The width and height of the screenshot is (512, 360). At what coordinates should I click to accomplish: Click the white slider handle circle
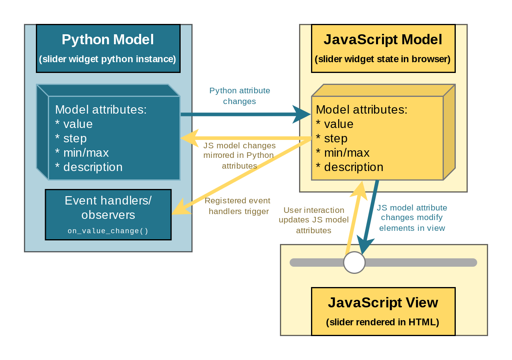click(x=354, y=262)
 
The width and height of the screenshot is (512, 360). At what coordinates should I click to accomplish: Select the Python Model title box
click(x=108, y=49)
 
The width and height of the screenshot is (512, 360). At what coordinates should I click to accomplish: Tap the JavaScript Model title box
click(x=383, y=49)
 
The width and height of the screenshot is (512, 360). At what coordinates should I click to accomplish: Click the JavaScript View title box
click(x=383, y=311)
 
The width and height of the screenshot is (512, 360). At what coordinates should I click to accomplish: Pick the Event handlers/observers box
click(x=108, y=214)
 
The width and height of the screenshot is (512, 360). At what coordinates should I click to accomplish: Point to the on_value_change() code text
click(x=108, y=231)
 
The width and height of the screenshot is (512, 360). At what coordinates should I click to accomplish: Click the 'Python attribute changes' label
click(x=240, y=96)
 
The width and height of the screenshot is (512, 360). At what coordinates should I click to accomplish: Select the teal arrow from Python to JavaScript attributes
click(x=246, y=114)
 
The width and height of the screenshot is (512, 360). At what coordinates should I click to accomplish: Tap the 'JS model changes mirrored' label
click(x=239, y=155)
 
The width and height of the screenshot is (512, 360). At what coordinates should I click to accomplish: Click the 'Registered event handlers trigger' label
click(x=238, y=206)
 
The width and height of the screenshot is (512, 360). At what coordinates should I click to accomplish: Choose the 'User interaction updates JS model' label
click(x=313, y=220)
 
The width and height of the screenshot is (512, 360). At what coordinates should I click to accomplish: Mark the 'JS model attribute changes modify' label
click(x=412, y=218)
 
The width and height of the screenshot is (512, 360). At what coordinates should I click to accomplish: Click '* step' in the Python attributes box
click(x=71, y=138)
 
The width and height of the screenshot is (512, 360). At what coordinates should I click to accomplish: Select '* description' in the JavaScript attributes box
click(x=349, y=167)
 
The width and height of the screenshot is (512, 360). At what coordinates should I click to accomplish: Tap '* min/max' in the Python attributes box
click(x=82, y=152)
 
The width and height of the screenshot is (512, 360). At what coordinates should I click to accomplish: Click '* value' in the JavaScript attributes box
click(x=335, y=124)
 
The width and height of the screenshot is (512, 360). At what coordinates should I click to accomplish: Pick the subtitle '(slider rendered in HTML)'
click(x=383, y=322)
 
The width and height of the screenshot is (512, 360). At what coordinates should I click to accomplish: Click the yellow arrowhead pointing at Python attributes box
click(x=190, y=138)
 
